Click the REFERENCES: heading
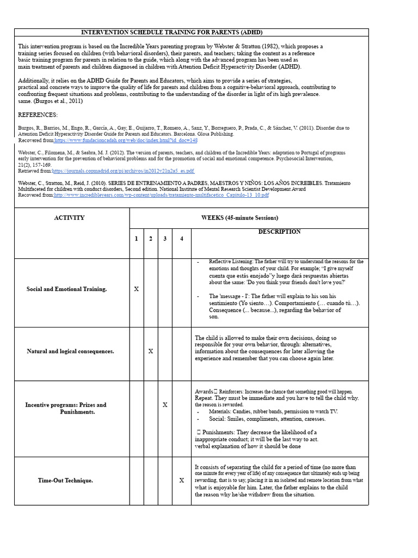coord(38,115)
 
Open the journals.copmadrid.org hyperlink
coord(122,171)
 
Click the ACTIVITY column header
coord(69,218)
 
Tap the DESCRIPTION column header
coord(279,232)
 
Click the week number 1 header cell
coord(136,239)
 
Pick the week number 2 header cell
coord(150,239)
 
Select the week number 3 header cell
coord(165,239)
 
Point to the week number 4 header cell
coord(181,239)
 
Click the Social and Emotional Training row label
coord(67,289)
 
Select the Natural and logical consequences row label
coord(70,351)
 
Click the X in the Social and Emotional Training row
coord(136,289)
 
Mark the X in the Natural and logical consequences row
coord(151,351)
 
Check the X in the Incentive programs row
coord(165,405)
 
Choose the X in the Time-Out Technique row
coord(182,481)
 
